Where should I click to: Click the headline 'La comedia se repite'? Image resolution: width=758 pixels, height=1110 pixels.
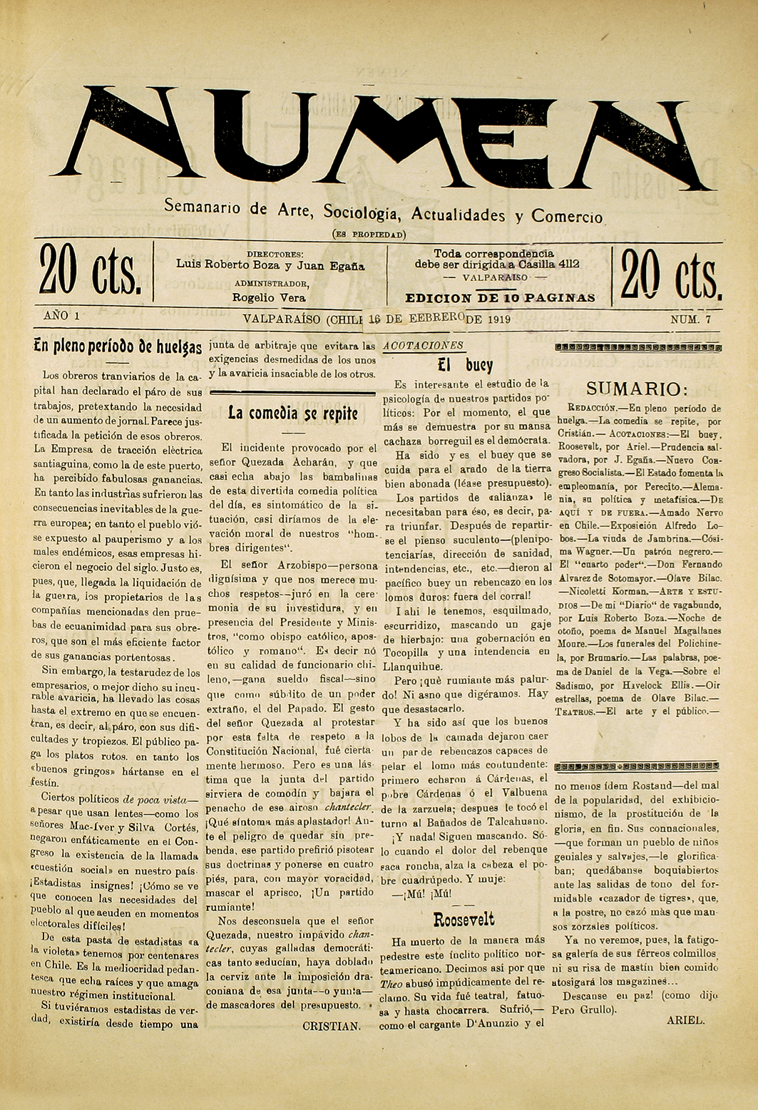tap(292, 413)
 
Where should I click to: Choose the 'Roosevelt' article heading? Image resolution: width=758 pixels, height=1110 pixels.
tap(463, 919)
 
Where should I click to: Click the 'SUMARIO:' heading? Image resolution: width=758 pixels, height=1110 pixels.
tap(637, 389)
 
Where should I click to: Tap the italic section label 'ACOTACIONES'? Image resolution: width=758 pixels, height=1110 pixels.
tap(424, 346)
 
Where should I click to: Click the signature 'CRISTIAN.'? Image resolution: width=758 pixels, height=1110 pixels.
tap(332, 1026)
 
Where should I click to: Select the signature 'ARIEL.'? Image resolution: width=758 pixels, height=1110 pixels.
tap(685, 1019)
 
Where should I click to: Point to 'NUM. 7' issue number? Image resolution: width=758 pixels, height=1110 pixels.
tap(690, 320)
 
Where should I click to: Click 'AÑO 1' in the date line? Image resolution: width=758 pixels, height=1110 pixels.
tap(61, 315)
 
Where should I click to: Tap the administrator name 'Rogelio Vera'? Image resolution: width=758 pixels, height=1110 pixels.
tap(269, 298)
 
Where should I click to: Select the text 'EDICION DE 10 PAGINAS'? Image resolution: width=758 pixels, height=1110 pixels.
tap(500, 298)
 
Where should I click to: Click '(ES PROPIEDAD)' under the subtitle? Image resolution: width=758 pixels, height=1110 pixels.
tap(369, 234)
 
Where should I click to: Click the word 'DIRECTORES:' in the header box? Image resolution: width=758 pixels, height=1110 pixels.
tap(275, 254)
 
